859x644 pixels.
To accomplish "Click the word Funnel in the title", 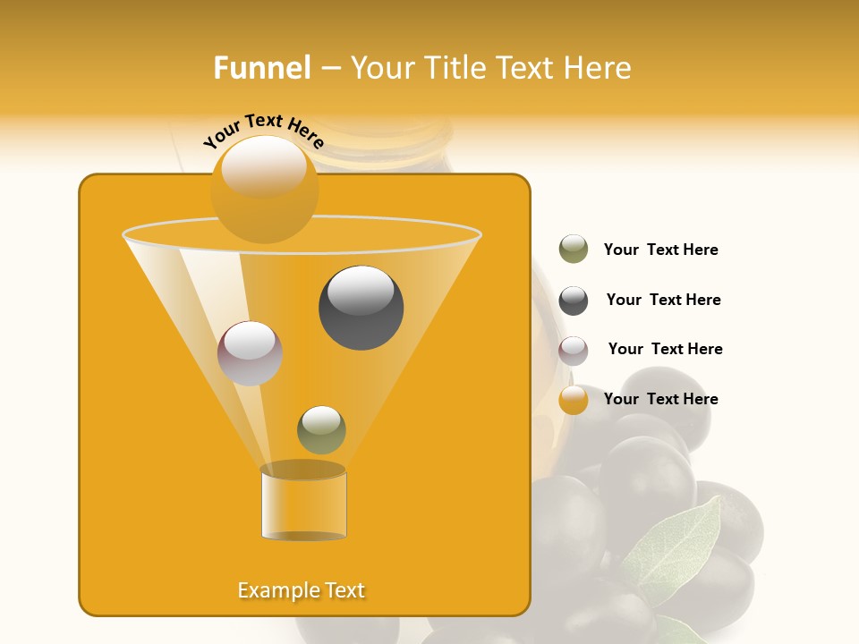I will pyautogui.click(x=262, y=68).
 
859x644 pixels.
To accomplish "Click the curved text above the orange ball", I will pyautogui.click(x=263, y=131).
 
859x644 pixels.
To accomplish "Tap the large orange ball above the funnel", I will pyautogui.click(x=265, y=190).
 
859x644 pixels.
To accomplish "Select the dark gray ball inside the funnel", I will pyautogui.click(x=361, y=308).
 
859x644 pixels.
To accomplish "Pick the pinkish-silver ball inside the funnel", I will pyautogui.click(x=250, y=353).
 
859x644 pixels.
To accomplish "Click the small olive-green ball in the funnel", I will pyautogui.click(x=321, y=430).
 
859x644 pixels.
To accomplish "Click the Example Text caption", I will pyautogui.click(x=302, y=590).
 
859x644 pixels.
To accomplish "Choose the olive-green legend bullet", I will pyautogui.click(x=574, y=250).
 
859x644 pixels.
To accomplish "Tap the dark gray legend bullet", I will pyautogui.click(x=574, y=301).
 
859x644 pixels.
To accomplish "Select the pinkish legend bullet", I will pyautogui.click(x=574, y=351).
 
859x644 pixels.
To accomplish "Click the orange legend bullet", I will pyautogui.click(x=574, y=400).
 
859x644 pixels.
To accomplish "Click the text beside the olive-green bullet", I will pyautogui.click(x=660, y=250).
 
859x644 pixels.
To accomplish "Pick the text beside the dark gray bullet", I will pyautogui.click(x=663, y=300).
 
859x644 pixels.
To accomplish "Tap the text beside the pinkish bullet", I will pyautogui.click(x=665, y=349).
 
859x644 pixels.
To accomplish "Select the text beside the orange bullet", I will pyautogui.click(x=660, y=399).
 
